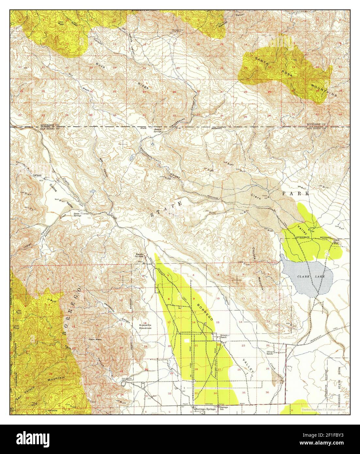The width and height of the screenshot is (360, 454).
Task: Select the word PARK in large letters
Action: (295, 193)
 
